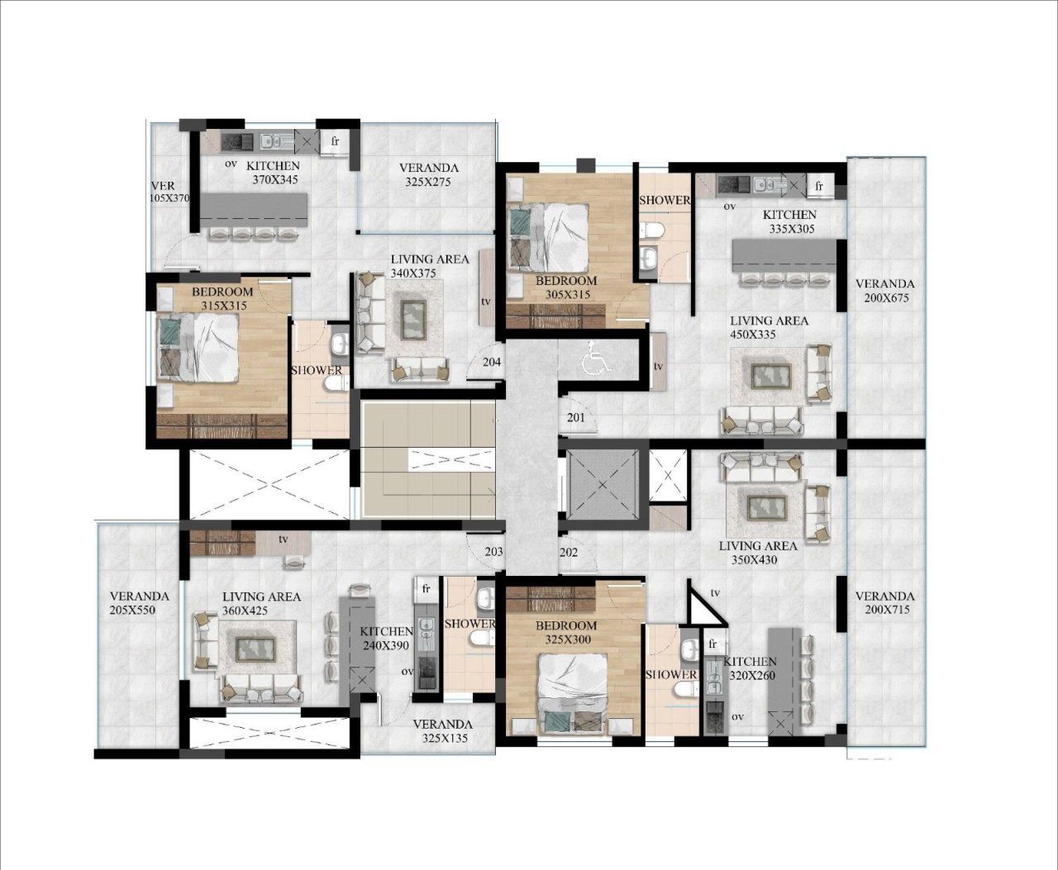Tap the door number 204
(492, 362)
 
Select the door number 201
(576, 417)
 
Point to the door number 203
(493, 552)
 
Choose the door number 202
(569, 552)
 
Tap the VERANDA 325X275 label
(428, 174)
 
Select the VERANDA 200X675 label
(884, 291)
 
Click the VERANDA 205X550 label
(139, 603)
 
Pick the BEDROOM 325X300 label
(565, 632)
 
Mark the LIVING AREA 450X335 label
(769, 327)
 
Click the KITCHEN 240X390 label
(386, 638)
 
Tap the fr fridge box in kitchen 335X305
(818, 186)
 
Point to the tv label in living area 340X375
(486, 302)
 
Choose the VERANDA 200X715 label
(884, 603)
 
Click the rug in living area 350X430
(768, 506)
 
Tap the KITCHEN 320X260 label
(751, 668)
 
